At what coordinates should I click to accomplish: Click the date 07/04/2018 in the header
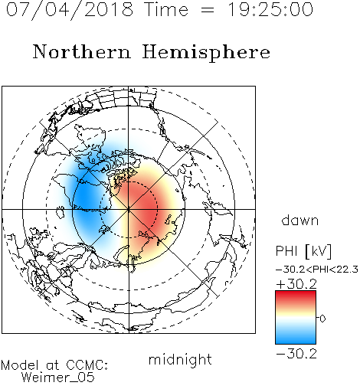click(70, 10)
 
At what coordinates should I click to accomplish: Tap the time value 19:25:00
click(270, 9)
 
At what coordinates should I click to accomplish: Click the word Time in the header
click(166, 9)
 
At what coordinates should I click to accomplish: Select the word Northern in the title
click(82, 51)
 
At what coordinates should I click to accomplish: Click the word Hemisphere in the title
click(206, 53)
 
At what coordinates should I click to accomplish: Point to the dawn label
click(300, 220)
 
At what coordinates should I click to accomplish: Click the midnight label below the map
click(180, 360)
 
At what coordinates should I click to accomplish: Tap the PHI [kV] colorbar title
click(303, 251)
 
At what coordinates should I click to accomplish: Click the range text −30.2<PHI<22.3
click(317, 270)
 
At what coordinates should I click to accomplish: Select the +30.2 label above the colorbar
click(296, 284)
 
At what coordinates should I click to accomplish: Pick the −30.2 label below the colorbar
click(296, 354)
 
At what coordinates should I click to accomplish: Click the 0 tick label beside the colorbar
click(322, 319)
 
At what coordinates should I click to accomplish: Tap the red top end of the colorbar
click(296, 293)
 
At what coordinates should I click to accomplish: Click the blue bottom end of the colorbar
click(296, 341)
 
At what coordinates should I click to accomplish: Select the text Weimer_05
click(58, 378)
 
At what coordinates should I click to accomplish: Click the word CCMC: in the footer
click(87, 365)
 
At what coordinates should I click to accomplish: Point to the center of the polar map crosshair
click(129, 209)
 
